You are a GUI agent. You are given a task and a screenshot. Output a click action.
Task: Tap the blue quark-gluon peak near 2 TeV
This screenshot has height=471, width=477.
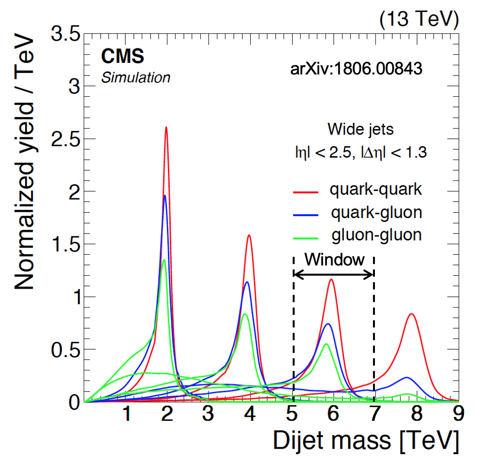pyautogui.click(x=165, y=196)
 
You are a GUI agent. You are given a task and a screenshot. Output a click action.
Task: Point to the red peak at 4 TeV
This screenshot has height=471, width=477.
pyautogui.click(x=249, y=235)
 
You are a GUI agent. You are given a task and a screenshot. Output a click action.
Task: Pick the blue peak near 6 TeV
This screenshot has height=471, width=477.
pyautogui.click(x=328, y=324)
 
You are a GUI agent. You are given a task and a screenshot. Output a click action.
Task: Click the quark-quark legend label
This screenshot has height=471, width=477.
pyautogui.click(x=376, y=190)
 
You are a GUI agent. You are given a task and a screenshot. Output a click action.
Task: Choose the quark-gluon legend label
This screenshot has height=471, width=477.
pyautogui.click(x=376, y=212)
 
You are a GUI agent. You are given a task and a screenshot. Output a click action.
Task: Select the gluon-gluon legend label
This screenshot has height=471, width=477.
pyautogui.click(x=376, y=235)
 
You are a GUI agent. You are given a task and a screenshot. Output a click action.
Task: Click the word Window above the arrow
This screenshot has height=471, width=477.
pyautogui.click(x=334, y=260)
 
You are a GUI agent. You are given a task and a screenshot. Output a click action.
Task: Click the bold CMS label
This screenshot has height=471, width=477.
pyautogui.click(x=122, y=57)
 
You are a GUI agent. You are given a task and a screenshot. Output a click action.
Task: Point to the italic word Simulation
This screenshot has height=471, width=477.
pyautogui.click(x=135, y=77)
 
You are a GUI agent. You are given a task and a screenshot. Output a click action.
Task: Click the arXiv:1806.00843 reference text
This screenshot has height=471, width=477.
pyautogui.click(x=357, y=69)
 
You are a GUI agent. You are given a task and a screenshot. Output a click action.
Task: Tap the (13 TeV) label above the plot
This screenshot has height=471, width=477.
pyautogui.click(x=418, y=19)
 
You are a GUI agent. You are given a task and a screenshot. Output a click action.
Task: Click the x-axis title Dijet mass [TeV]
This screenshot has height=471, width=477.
pyautogui.click(x=365, y=441)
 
